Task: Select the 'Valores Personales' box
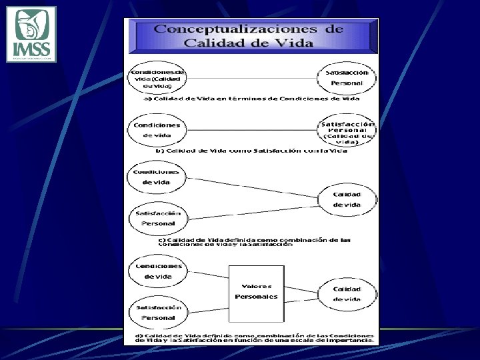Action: [256, 292]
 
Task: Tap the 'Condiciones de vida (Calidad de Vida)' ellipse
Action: [157, 79]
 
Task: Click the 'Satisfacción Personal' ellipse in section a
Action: [347, 77]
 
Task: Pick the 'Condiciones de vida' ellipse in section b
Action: [157, 130]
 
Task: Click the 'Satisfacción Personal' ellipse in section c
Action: [158, 218]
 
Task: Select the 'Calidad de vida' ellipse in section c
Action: [347, 199]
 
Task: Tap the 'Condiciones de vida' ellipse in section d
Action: [158, 271]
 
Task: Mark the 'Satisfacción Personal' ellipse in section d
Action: [158, 313]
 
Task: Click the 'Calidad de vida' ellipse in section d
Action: [347, 294]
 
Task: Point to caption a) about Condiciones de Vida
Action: [252, 99]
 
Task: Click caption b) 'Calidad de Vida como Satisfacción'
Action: [251, 151]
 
